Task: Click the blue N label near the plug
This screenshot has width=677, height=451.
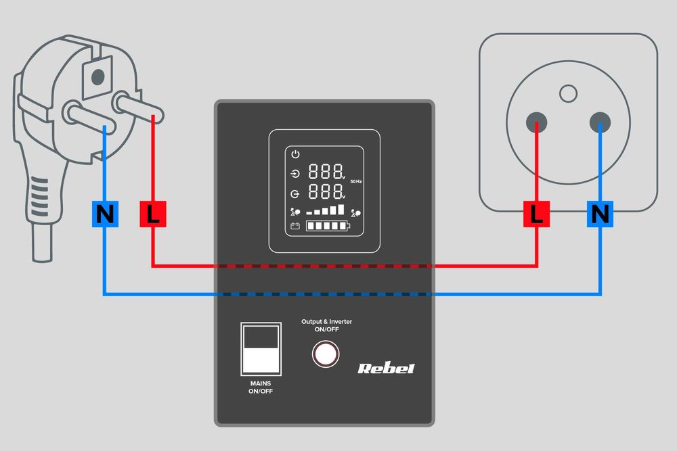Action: click(x=104, y=214)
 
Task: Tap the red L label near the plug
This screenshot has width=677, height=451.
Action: click(x=153, y=214)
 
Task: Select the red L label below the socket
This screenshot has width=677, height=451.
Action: click(x=537, y=214)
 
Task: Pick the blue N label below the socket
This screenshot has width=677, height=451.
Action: click(x=600, y=214)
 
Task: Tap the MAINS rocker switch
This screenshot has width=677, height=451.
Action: click(x=261, y=349)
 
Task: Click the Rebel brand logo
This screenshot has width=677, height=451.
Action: click(x=386, y=369)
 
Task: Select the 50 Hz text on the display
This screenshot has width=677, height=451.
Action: click(x=357, y=182)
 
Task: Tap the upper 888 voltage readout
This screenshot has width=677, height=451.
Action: click(x=325, y=172)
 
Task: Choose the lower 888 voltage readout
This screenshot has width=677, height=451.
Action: click(x=325, y=191)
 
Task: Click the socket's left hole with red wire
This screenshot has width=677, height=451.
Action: click(x=537, y=122)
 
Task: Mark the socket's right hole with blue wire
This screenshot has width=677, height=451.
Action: click(x=600, y=122)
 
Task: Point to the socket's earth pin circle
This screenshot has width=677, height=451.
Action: click(x=569, y=93)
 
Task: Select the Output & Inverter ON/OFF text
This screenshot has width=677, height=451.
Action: click(x=326, y=325)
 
